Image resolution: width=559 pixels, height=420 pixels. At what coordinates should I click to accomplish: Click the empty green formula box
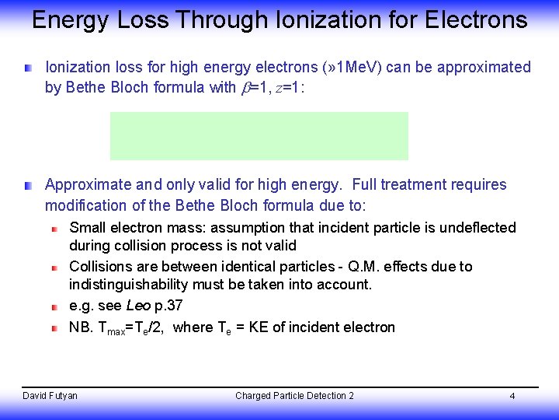[x=259, y=135]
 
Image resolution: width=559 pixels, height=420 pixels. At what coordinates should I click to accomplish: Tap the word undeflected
[x=477, y=227]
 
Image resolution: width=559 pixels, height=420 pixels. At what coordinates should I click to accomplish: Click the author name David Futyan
[x=50, y=396]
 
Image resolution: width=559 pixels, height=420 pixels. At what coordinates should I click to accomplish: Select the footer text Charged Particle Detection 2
[x=294, y=396]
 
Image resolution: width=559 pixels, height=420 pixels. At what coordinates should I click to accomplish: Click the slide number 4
[x=512, y=397]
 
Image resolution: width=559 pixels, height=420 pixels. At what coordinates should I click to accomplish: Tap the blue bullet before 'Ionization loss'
[x=28, y=68]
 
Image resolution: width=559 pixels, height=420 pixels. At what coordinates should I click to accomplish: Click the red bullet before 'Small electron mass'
[x=54, y=229]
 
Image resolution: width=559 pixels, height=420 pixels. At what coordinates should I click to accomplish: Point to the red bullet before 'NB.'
[x=54, y=328]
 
